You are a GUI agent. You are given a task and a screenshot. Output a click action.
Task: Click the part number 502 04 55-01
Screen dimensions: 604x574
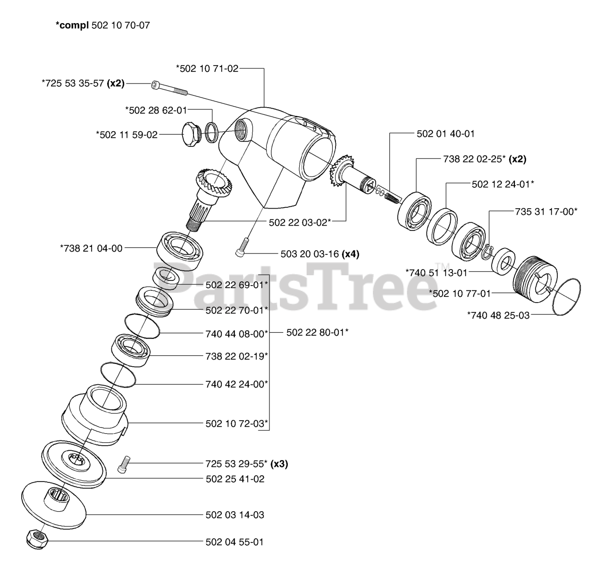235,542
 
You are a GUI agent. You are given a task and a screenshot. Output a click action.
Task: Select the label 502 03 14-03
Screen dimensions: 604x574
235,515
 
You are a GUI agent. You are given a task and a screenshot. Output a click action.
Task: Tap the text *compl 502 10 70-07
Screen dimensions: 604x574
103,25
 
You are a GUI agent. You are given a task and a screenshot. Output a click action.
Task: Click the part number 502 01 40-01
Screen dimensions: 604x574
445,134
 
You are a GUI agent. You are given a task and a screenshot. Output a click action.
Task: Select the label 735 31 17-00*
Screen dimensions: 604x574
545,211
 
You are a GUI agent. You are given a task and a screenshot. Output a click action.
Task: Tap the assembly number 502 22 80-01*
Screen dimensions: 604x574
317,332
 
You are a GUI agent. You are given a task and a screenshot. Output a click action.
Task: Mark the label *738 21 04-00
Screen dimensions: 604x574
91,248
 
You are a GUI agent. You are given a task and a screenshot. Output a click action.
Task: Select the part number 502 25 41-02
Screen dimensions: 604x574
235,479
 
